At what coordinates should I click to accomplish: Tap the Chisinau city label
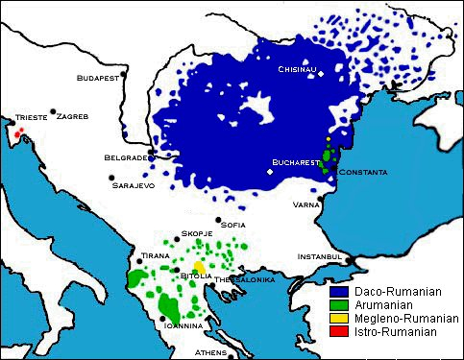point(297,69)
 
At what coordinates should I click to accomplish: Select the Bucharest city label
point(295,162)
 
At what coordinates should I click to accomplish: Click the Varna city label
point(306,204)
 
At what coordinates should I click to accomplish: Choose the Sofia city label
point(232,226)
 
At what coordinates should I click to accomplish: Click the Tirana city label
point(156,256)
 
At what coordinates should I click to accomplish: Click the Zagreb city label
point(73,116)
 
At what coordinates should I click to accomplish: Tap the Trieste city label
point(30,119)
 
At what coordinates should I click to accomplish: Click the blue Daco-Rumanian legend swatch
point(337,291)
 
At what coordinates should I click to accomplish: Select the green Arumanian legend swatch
point(337,304)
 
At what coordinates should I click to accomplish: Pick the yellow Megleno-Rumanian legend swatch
point(337,318)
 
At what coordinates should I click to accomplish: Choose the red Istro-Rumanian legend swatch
point(337,331)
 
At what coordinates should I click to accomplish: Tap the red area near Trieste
point(19,132)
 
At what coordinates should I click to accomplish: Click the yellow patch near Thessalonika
point(199,267)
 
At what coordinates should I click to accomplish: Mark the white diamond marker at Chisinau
point(323,73)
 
